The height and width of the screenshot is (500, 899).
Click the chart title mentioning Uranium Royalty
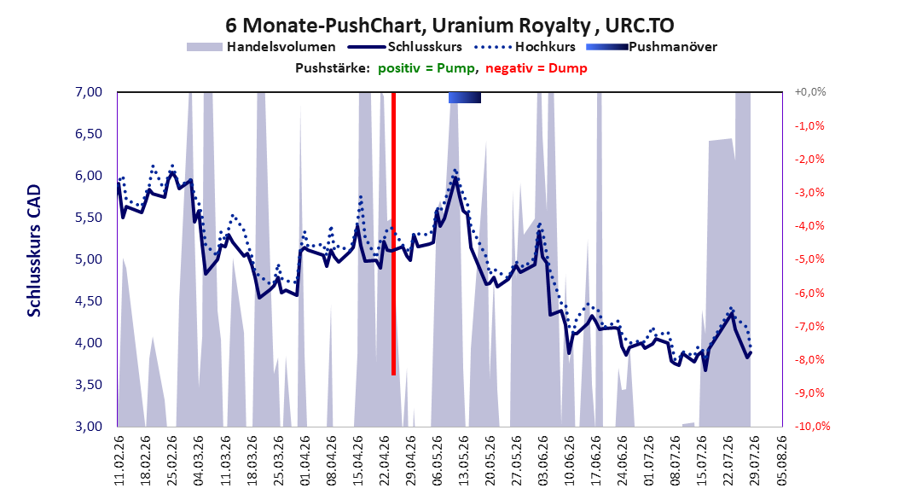click(x=449, y=26)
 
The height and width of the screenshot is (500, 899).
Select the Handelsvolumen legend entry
click(x=262, y=47)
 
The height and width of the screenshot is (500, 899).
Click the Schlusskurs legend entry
click(x=405, y=47)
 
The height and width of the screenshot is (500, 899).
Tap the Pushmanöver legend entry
click(x=652, y=47)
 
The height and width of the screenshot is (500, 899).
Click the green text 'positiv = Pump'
click(x=426, y=68)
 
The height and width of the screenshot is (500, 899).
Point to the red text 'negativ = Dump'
click(x=536, y=68)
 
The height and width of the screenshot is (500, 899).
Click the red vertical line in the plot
click(x=394, y=234)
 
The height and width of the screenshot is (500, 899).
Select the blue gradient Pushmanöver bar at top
click(x=464, y=97)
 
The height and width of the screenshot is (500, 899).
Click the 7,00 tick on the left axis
click(x=89, y=92)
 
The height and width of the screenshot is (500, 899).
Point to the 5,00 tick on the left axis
click(x=89, y=259)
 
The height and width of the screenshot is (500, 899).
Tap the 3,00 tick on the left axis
click(x=89, y=426)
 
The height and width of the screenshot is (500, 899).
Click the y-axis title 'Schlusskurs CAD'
click(x=34, y=251)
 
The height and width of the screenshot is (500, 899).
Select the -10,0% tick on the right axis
click(x=812, y=426)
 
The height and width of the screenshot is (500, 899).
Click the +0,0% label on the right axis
click(x=810, y=92)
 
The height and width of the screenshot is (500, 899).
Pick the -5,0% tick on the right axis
click(x=809, y=259)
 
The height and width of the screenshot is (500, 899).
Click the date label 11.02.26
click(x=119, y=461)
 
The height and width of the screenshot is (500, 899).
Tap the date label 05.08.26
click(x=781, y=461)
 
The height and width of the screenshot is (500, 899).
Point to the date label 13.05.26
click(x=463, y=461)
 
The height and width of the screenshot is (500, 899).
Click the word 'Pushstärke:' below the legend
click(x=333, y=68)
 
